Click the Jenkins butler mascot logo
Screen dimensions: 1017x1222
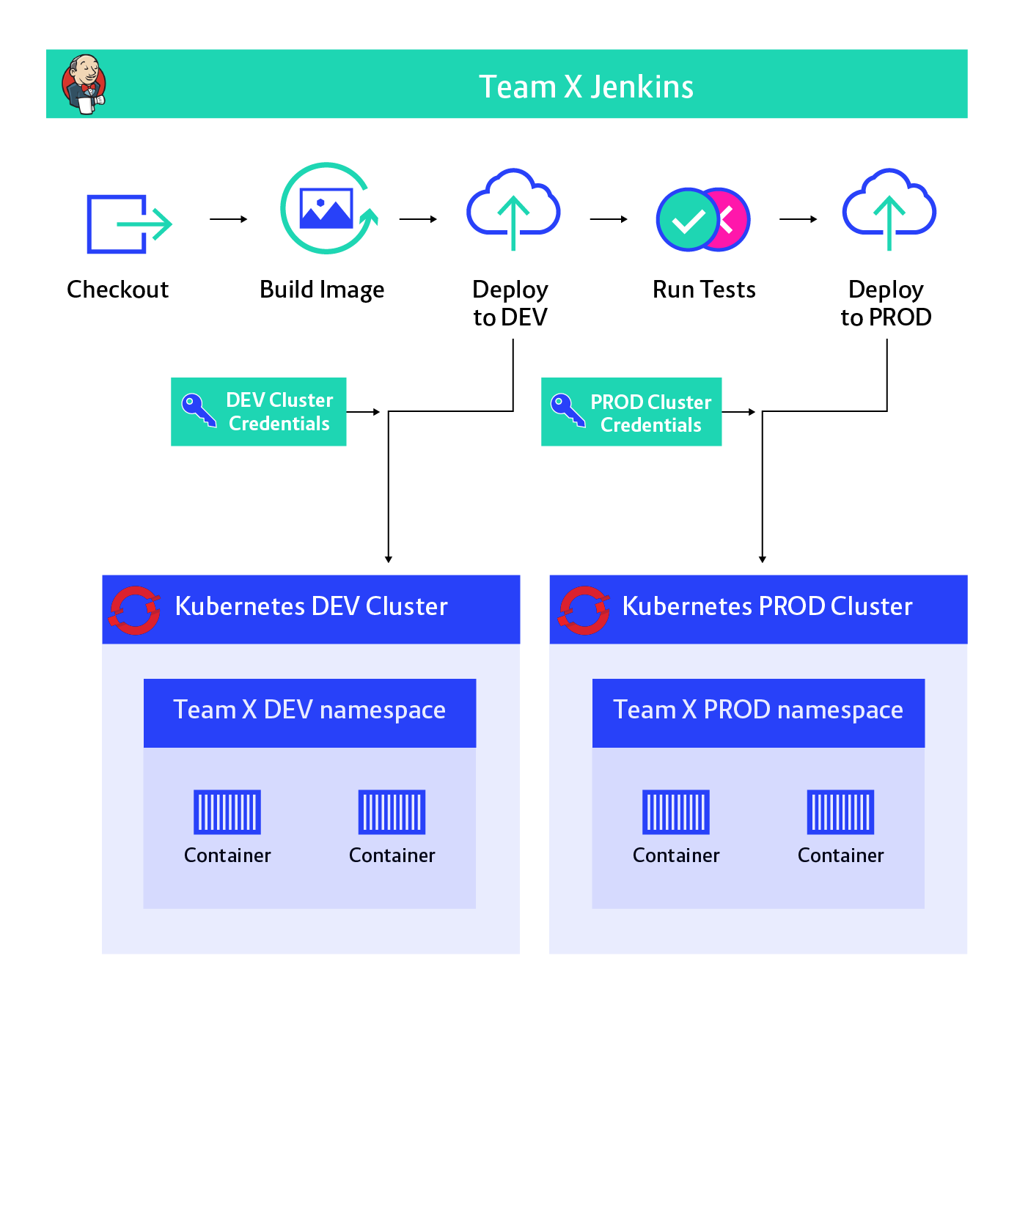coord(84,84)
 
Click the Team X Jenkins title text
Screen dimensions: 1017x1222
coord(586,87)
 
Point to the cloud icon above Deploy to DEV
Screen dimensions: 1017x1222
coord(513,210)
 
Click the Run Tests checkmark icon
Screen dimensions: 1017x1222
coord(703,219)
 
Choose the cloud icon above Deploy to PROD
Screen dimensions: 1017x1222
coord(889,210)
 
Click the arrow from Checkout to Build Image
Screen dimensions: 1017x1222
coord(229,219)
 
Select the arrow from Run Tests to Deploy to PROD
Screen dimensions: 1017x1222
coord(798,219)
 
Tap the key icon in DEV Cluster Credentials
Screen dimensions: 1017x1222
coord(199,410)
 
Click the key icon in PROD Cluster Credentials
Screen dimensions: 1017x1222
coord(568,410)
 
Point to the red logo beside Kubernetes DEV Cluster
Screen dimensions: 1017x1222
coord(135,610)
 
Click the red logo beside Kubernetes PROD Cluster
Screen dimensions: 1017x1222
coord(584,610)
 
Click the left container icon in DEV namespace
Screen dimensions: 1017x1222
coord(227,812)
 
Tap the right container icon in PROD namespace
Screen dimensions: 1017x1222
coord(840,812)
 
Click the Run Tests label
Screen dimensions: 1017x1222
coord(704,290)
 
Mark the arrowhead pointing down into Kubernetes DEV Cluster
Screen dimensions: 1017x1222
coord(389,559)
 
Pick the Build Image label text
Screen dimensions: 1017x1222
coord(322,290)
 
